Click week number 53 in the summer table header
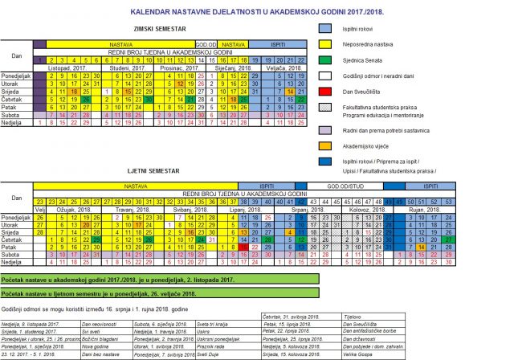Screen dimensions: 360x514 click(449, 201)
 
